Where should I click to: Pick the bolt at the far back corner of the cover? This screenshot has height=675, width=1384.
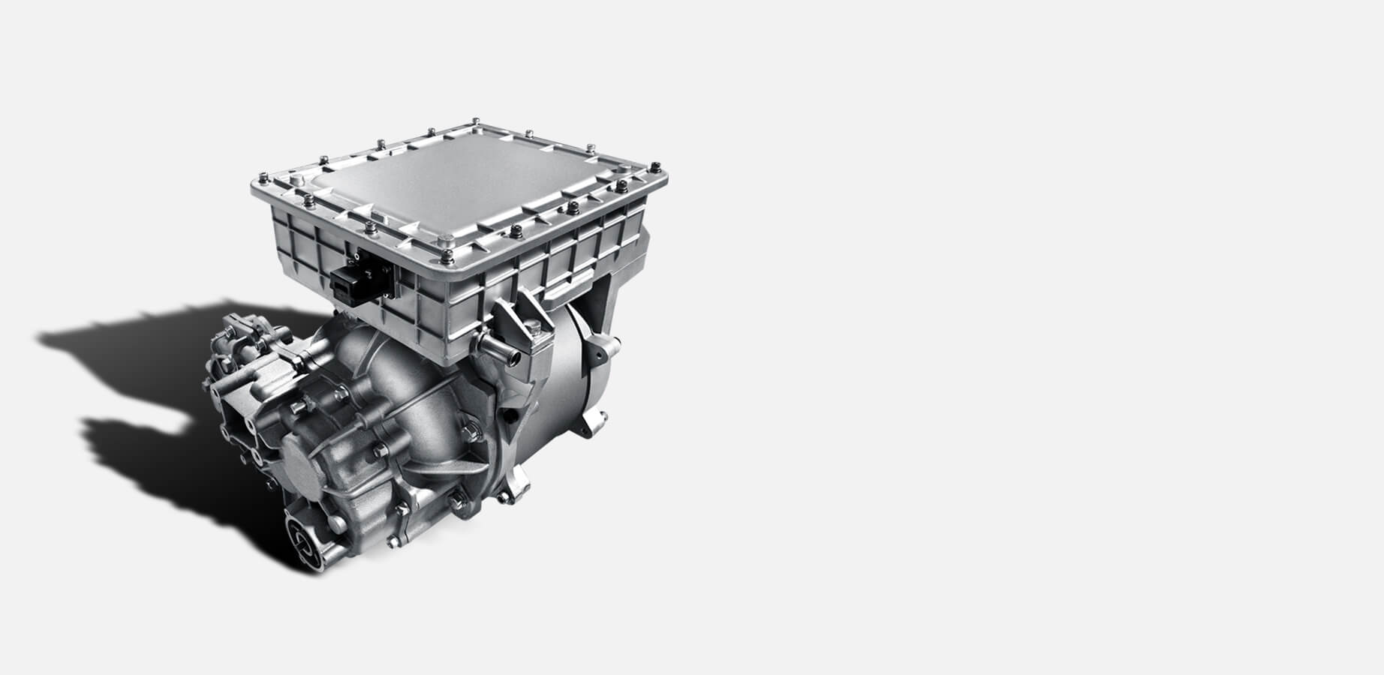coord(477,120)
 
